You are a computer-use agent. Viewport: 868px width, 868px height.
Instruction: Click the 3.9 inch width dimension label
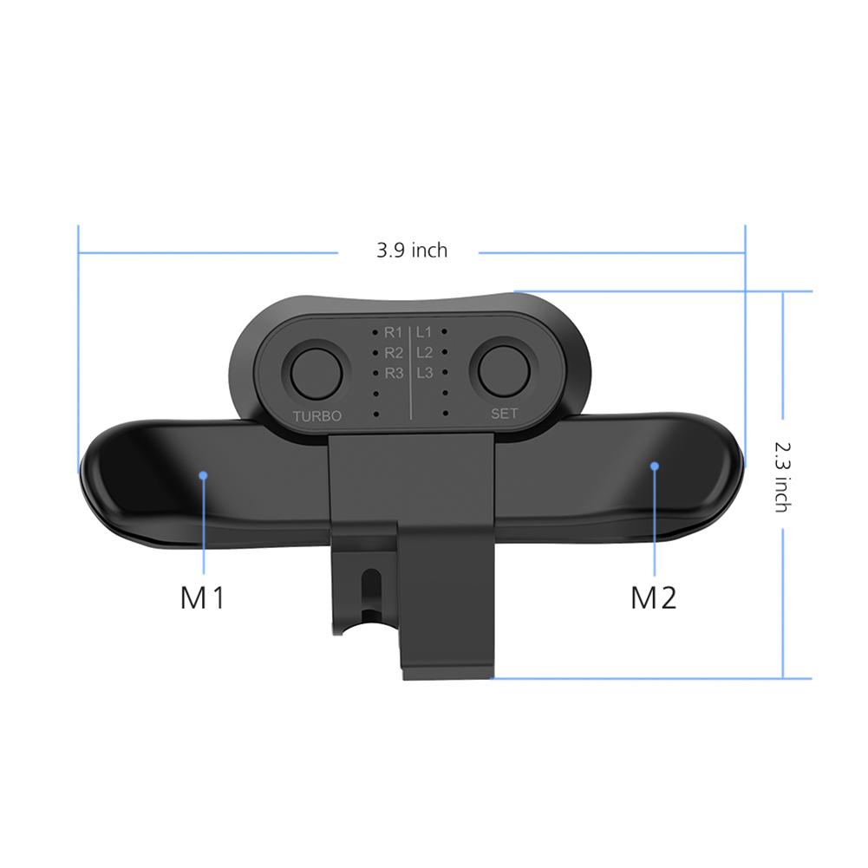412,251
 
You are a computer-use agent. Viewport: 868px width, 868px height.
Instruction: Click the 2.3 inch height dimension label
781,474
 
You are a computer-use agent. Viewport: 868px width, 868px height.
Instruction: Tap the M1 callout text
202,597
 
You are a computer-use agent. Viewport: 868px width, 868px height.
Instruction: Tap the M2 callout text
653,597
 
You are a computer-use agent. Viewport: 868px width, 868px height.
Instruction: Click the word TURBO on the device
317,416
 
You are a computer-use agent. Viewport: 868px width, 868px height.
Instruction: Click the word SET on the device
504,414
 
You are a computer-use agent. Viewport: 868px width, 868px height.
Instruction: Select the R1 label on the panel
394,332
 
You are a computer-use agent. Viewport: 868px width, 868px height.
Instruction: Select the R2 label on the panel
394,353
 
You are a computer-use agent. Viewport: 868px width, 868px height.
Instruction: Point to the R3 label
394,374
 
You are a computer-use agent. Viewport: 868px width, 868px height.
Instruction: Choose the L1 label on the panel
424,331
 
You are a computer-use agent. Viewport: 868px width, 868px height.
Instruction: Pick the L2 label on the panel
424,352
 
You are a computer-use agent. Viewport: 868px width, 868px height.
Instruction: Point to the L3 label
424,373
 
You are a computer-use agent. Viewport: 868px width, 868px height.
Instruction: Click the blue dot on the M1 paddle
203,474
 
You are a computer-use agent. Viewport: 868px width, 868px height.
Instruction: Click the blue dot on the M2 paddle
655,466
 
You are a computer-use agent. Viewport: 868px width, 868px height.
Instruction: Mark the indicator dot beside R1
375,332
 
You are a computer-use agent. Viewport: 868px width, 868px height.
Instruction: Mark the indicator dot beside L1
444,331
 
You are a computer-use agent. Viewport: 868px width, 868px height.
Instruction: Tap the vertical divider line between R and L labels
409,373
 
